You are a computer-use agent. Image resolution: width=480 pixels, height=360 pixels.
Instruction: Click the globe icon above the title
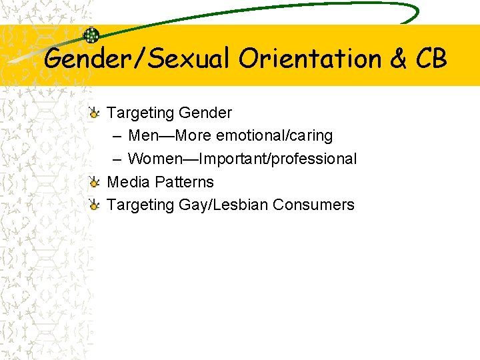(x=91, y=35)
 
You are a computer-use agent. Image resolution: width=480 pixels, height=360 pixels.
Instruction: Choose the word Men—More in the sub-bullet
(x=170, y=135)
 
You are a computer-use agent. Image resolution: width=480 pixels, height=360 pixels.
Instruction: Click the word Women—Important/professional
(x=242, y=159)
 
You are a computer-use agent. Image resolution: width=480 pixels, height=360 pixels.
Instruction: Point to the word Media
(x=129, y=182)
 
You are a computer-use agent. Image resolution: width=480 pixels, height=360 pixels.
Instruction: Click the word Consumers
(x=313, y=205)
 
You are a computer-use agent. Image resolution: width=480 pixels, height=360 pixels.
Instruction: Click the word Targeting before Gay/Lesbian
(x=141, y=205)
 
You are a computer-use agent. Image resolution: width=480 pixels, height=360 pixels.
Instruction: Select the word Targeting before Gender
(x=141, y=112)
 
